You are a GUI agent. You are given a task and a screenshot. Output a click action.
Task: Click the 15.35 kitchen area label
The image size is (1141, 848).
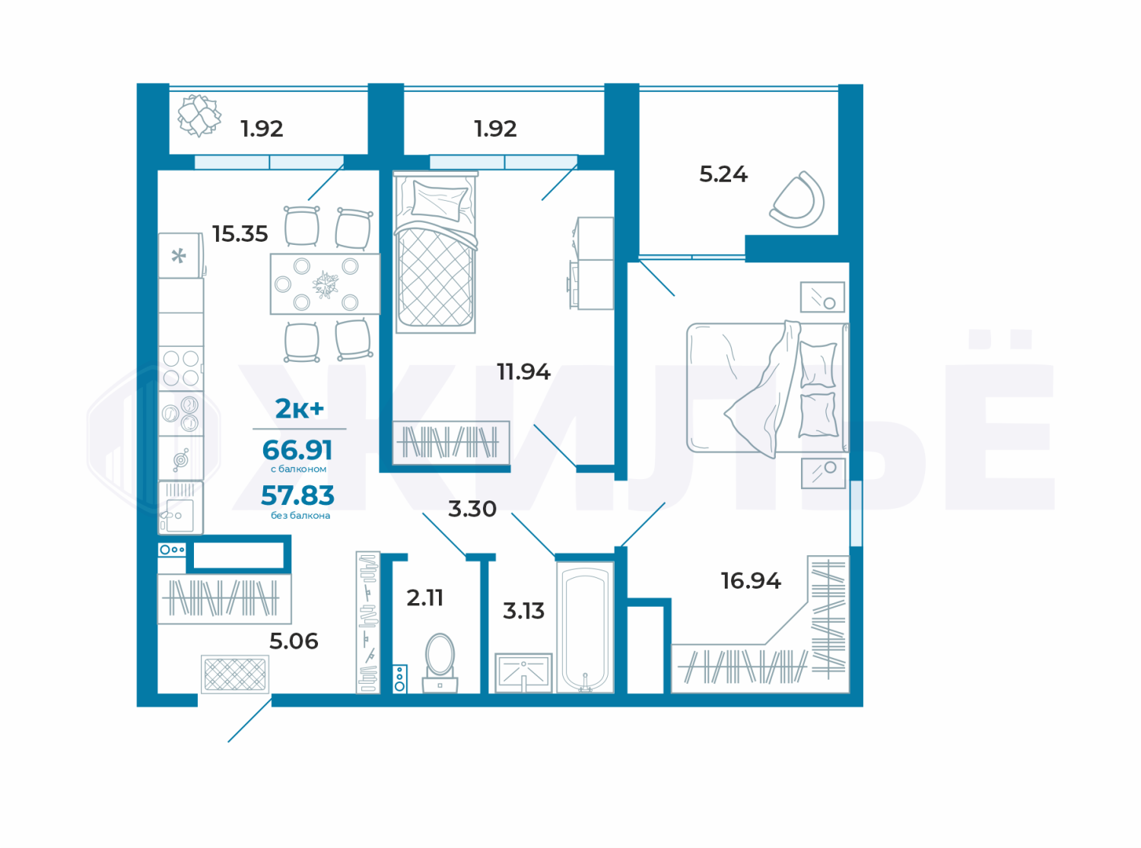[x=240, y=234]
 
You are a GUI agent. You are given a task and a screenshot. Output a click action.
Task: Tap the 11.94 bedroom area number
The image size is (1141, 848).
[x=523, y=371]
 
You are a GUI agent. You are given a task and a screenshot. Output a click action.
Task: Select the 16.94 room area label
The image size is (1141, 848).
[x=751, y=581]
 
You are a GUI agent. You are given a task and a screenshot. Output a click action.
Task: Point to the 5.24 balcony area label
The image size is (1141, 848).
[x=723, y=174]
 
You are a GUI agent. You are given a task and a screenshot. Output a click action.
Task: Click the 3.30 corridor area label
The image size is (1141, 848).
[x=472, y=509]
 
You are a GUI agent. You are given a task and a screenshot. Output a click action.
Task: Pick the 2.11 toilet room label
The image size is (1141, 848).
[x=425, y=598]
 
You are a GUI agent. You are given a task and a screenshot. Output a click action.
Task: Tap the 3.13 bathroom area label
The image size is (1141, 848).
[x=523, y=611]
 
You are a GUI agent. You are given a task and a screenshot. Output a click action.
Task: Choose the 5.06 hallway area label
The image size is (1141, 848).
[x=294, y=641]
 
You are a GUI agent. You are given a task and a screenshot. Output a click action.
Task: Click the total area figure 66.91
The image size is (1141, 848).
[x=297, y=449]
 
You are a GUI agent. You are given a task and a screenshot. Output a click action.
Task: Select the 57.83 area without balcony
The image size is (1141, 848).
[x=297, y=495]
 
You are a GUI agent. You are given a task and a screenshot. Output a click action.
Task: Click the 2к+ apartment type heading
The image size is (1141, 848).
[x=300, y=408]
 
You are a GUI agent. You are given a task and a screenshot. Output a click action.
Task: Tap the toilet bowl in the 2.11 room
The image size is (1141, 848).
[x=440, y=663]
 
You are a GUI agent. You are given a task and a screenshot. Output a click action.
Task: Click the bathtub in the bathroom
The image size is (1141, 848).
[x=586, y=627]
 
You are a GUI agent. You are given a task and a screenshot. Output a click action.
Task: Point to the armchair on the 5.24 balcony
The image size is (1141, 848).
[x=798, y=200]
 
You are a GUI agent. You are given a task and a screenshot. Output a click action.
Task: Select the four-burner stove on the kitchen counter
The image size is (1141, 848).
[x=180, y=368]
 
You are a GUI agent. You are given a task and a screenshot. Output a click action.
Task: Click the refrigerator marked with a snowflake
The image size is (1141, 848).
[x=180, y=256]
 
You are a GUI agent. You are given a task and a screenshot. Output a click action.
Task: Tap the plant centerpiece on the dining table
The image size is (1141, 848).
[x=326, y=284]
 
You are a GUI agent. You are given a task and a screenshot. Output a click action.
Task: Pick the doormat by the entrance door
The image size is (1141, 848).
[x=235, y=674]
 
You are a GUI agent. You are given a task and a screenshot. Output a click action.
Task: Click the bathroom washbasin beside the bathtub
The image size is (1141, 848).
[x=523, y=673]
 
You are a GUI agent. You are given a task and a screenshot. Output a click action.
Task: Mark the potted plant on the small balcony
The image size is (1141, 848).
[x=199, y=116]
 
